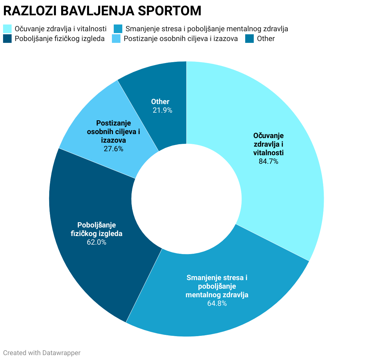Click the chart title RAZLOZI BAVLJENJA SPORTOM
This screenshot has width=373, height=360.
click(x=102, y=11)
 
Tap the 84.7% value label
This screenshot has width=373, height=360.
click(x=268, y=161)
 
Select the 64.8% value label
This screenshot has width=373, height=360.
click(x=217, y=303)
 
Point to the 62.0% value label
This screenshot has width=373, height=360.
click(x=97, y=242)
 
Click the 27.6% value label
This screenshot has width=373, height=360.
click(x=113, y=149)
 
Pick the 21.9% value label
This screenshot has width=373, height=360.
click(x=162, y=110)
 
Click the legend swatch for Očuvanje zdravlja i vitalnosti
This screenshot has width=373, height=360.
click(x=7, y=29)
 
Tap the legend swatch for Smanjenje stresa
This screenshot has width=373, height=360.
click(x=118, y=29)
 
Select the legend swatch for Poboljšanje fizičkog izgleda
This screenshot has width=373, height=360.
click(x=7, y=39)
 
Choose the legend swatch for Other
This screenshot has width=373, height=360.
click(x=249, y=39)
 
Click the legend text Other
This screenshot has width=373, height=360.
click(x=266, y=39)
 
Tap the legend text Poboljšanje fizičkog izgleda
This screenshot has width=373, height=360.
click(x=60, y=39)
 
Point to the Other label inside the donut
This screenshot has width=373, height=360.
click(x=160, y=102)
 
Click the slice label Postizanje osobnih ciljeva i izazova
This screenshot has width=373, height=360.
click(x=113, y=132)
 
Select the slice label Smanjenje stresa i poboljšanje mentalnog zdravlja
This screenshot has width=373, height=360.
click(x=217, y=286)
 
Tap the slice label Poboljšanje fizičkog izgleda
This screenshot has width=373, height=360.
click(x=97, y=229)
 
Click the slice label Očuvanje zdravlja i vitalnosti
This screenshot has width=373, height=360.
click(x=268, y=144)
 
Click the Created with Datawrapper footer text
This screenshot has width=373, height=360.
click(x=42, y=353)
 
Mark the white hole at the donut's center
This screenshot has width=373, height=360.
click(x=186, y=199)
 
